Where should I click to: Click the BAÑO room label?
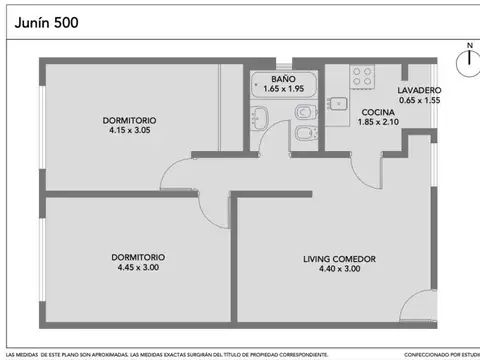point(286,79)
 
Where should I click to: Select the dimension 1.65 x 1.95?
point(286,89)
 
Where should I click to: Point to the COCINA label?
point(376,112)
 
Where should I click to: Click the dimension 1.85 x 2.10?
point(376,122)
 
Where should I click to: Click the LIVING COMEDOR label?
point(340,259)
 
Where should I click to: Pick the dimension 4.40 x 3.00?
point(340,269)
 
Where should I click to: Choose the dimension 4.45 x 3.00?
point(139,267)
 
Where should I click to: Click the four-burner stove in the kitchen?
point(362,76)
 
